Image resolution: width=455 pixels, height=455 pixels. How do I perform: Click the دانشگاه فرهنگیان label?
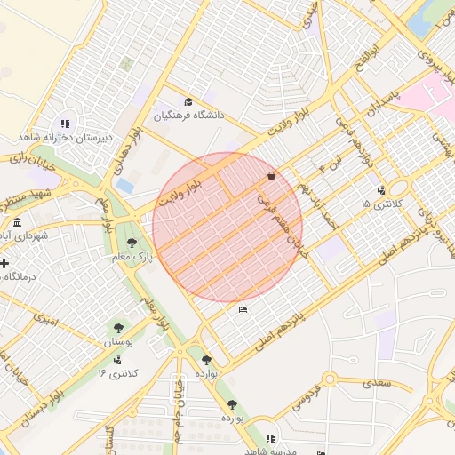click(x=189, y=116)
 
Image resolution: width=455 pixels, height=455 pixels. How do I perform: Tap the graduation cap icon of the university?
click(x=188, y=102)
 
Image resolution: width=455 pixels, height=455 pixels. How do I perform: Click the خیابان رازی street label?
click(x=31, y=163)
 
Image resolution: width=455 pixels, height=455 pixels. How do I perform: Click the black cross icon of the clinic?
click(x=5, y=264)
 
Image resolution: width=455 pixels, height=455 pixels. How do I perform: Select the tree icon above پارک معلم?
click(x=132, y=243)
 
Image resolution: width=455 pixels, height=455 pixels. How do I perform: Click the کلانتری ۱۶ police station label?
click(x=117, y=373)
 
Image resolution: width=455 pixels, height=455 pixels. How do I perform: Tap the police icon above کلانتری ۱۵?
click(x=380, y=189)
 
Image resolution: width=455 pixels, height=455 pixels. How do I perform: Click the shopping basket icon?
click(x=270, y=176)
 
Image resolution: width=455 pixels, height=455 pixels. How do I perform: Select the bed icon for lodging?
click(x=243, y=310)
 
